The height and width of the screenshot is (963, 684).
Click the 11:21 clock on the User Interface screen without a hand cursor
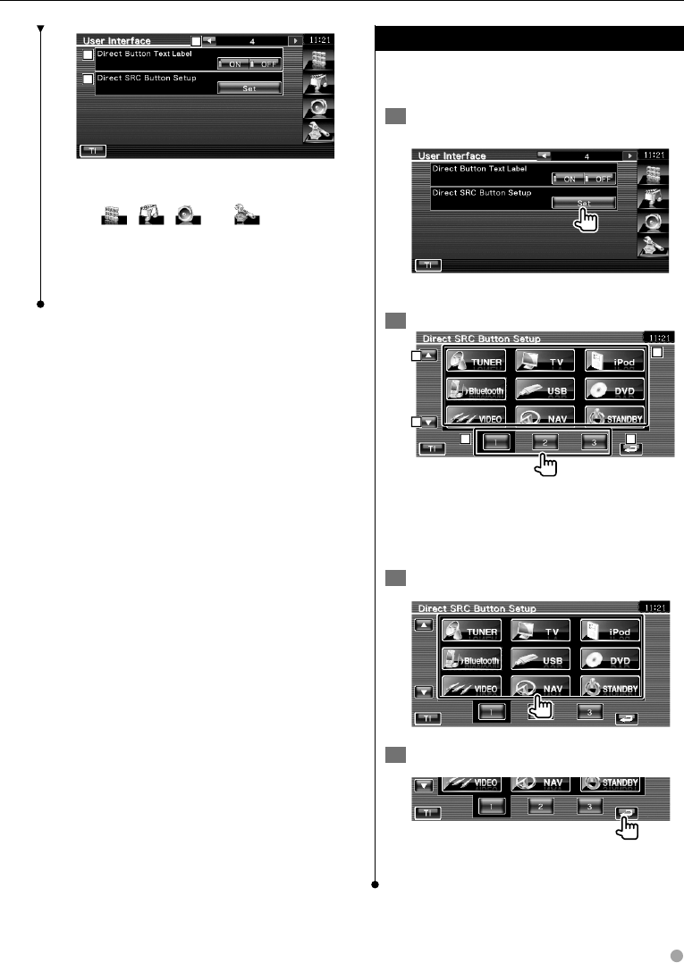[x=318, y=40]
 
